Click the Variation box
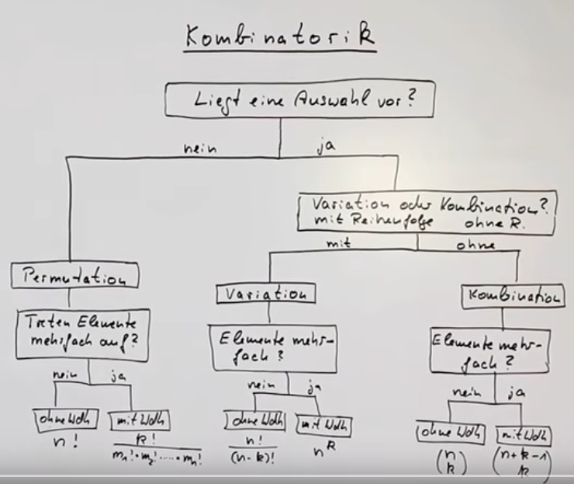pyautogui.click(x=266, y=294)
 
